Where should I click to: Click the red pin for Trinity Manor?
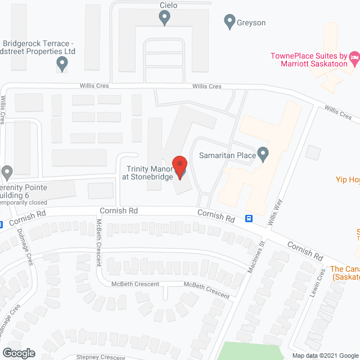[179, 167]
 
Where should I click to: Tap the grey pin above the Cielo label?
[164, 19]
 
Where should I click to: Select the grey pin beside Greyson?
[229, 22]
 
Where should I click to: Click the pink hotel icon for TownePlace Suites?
[354, 56]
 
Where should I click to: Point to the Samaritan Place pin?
[263, 154]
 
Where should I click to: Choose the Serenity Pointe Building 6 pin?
[7, 172]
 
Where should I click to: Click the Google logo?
[19, 353]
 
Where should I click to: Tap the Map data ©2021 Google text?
[325, 355]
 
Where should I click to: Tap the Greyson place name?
[251, 23]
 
